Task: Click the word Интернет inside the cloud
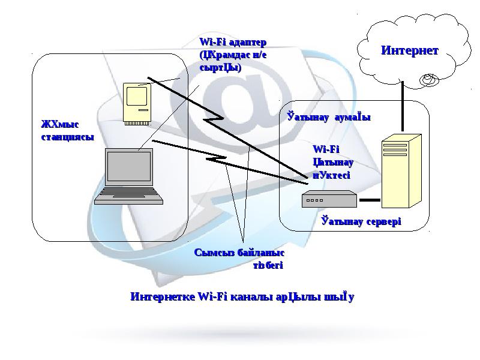click(x=409, y=50)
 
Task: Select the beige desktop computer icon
click(x=136, y=103)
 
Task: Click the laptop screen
click(x=129, y=167)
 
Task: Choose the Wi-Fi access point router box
click(x=329, y=199)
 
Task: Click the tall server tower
click(x=401, y=173)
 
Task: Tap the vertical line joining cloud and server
click(x=403, y=112)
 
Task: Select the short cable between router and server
click(x=370, y=199)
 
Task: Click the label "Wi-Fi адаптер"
click(x=232, y=43)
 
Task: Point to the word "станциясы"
click(x=67, y=137)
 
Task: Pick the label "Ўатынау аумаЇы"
click(x=328, y=117)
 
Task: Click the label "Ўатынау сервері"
click(x=361, y=222)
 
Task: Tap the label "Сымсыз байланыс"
click(x=239, y=254)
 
